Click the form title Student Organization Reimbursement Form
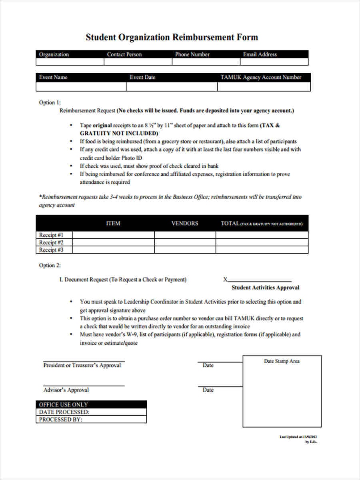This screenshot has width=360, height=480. (172, 38)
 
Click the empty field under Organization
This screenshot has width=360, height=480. (70, 62)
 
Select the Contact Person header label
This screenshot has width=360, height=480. (124, 54)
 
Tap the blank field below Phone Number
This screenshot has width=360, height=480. (206, 62)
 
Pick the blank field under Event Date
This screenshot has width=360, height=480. (172, 87)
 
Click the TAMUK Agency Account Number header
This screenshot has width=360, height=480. (261, 77)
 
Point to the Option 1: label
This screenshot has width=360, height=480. (50, 102)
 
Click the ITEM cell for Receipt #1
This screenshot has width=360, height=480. (113, 235)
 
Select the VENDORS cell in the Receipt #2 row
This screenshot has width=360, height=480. (185, 242)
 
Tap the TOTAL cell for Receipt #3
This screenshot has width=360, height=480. (262, 250)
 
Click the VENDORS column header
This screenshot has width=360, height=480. (184, 223)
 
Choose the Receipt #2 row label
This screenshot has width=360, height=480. (51, 242)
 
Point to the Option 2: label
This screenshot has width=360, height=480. (50, 265)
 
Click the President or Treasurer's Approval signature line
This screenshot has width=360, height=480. (83, 360)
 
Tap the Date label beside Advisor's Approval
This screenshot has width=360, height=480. (208, 390)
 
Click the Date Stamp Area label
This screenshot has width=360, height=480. (282, 361)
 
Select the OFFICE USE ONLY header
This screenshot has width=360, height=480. (64, 404)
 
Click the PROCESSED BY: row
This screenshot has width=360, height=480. (91, 420)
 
